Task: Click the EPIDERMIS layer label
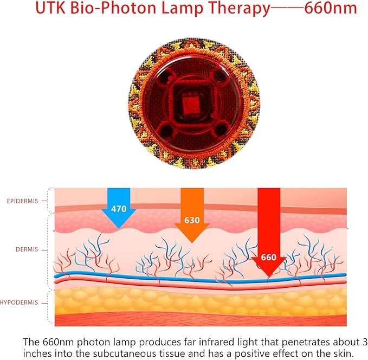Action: coord(23,201)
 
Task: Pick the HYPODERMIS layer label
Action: coord(20,302)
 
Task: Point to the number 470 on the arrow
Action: coord(119,208)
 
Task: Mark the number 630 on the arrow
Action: coord(192,221)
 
